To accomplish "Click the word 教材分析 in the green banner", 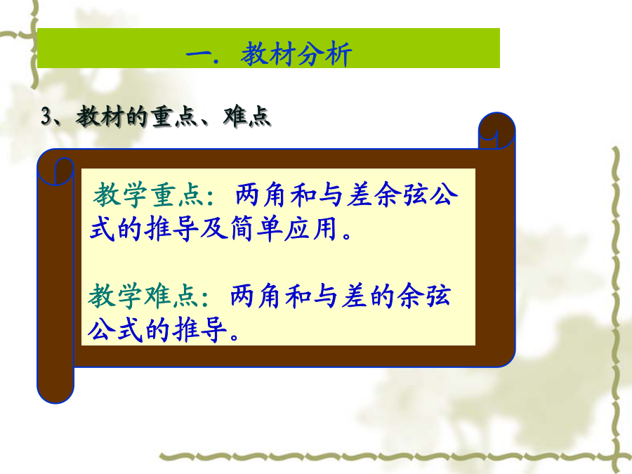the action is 296,53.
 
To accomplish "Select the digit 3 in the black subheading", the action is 46,117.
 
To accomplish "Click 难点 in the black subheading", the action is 246,117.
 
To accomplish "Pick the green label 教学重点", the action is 148,195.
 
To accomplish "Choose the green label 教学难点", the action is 143,296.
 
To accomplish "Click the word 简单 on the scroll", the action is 256,229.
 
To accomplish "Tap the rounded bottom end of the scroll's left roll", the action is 55,393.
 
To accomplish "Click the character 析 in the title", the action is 338,54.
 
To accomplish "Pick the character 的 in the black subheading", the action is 138,117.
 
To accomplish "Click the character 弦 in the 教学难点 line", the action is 437,296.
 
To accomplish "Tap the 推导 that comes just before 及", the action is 171,229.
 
